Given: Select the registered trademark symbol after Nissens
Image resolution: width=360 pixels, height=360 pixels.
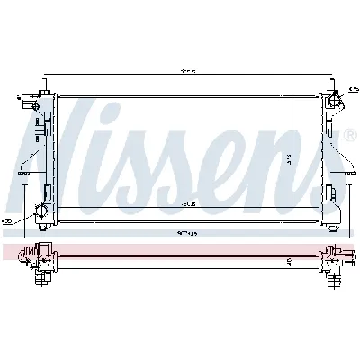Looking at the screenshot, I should pyautogui.click(x=348, y=136).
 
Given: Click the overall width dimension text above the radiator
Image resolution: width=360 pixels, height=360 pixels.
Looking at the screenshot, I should pyautogui.click(x=187, y=71).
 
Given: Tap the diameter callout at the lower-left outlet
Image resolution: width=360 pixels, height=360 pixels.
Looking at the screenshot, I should pyautogui.click(x=8, y=220).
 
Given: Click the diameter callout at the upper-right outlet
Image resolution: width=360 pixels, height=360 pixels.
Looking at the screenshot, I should pyautogui.click(x=354, y=88).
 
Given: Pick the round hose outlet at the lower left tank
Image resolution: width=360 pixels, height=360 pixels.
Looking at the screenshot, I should pyautogui.click(x=40, y=211).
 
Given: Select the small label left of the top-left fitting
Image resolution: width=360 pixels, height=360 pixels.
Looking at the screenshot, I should pyautogui.click(x=19, y=94).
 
